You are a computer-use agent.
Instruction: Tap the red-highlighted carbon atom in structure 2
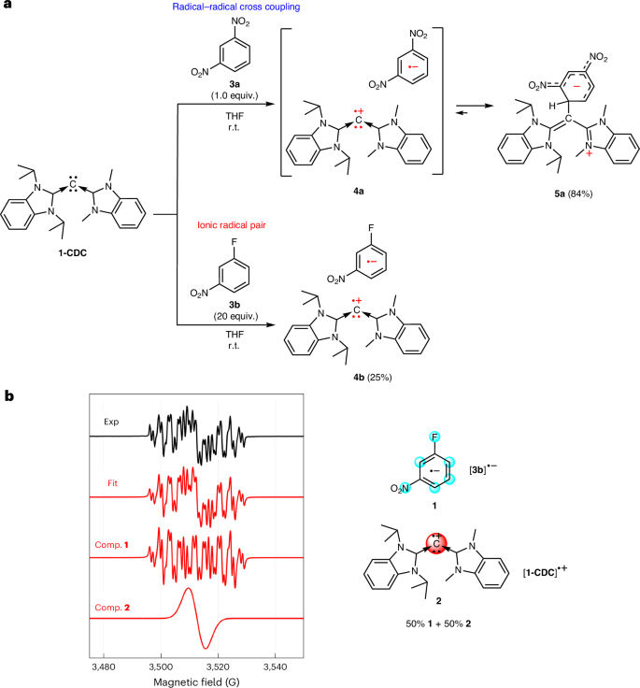pos(435,544)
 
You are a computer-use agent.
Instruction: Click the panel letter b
pos(10,397)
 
